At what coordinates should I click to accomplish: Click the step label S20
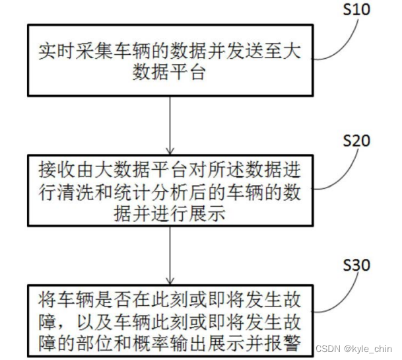click(x=357, y=141)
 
